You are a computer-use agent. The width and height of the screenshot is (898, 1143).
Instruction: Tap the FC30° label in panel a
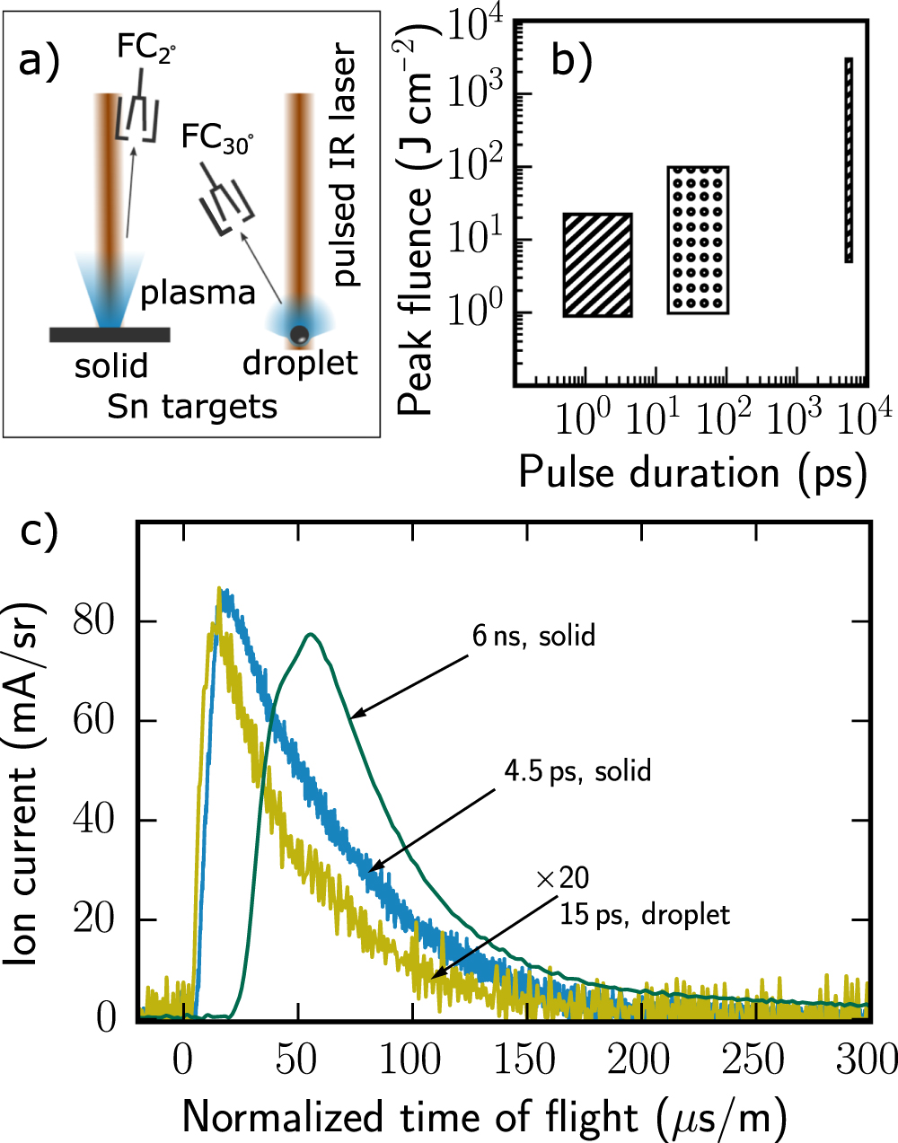coord(216,138)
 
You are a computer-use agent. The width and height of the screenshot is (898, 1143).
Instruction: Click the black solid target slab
coord(110,335)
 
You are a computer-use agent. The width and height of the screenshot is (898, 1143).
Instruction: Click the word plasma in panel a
coord(198,293)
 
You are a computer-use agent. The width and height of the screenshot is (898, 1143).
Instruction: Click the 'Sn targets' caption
coord(192,407)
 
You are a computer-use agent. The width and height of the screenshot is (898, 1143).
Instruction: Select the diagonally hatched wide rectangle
coord(598,265)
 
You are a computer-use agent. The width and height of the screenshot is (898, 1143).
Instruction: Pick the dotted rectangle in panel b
coord(698,240)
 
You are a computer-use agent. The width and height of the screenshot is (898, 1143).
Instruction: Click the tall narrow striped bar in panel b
coord(848,160)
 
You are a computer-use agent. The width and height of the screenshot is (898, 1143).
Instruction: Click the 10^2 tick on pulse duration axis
coord(724,418)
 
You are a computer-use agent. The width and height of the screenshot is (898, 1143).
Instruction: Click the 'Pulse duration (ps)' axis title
coord(692,472)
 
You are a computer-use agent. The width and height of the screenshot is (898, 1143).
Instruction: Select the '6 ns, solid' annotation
coord(533,636)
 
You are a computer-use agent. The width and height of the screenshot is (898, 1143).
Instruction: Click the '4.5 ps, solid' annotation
coord(577,771)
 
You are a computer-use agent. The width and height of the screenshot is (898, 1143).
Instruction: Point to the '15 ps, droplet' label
coord(645,915)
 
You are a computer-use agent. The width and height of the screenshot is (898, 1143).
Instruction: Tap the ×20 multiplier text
coord(562,878)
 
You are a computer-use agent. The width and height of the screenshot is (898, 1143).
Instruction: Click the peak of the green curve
coord(310,635)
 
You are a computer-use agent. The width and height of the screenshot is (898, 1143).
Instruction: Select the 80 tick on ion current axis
coord(95,621)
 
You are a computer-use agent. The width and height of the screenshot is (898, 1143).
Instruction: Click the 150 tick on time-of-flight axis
coord(524,1060)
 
